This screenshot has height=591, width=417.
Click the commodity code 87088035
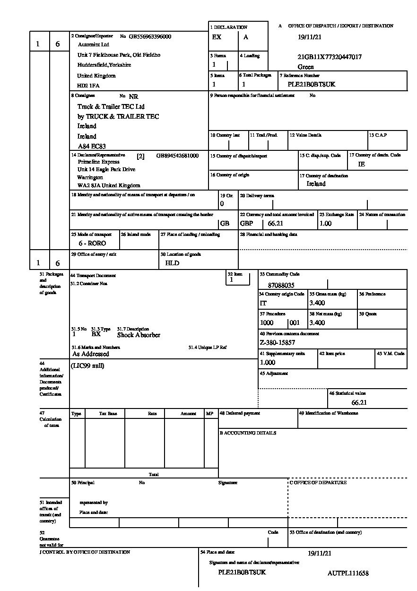coord(281,286)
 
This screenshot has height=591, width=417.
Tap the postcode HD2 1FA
coord(88,86)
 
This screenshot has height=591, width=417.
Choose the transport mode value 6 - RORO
coord(92,243)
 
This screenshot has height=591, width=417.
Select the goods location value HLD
coord(172,263)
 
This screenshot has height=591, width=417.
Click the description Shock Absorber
coord(139,335)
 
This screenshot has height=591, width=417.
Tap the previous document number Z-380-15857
coord(278,342)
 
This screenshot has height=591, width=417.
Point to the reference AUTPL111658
coord(348,574)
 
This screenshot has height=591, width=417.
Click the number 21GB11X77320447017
coord(330,57)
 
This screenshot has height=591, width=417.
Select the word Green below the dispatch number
coord(305,67)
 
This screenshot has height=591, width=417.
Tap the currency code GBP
coord(246,224)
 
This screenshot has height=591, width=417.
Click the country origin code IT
coord(263,303)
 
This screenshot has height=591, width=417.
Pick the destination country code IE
coord(362,165)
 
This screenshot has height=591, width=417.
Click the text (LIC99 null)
coord(87,365)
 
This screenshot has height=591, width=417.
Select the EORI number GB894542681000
coord(177,156)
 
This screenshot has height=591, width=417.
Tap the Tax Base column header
coord(108,414)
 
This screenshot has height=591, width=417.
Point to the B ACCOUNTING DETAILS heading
coord(248,433)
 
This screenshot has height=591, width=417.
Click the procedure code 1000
coord(267,323)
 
